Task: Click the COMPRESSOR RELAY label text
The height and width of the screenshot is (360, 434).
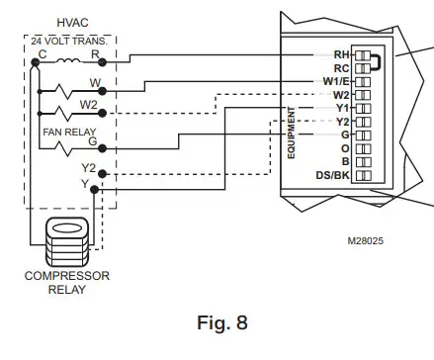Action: click(x=66, y=282)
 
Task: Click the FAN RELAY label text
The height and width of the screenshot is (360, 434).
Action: click(x=66, y=130)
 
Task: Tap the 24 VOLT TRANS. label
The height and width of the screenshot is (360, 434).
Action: click(x=67, y=41)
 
